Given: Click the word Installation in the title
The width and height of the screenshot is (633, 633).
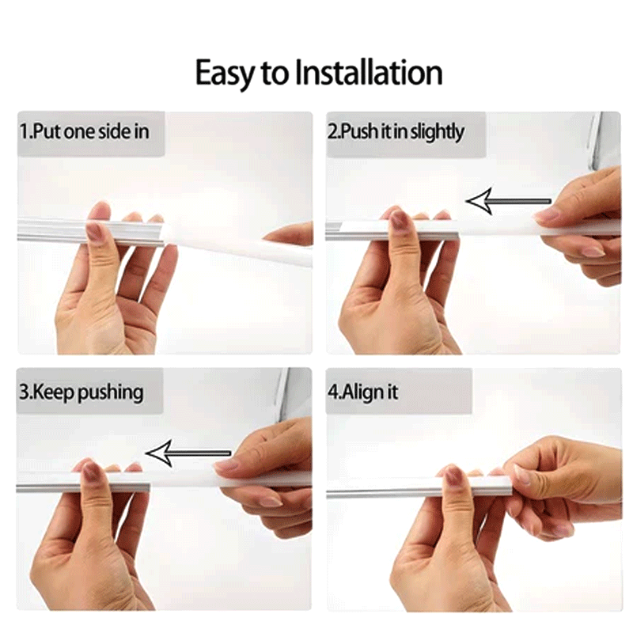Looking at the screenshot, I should (x=369, y=73).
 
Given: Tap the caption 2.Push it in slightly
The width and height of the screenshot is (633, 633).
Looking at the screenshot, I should (x=396, y=131).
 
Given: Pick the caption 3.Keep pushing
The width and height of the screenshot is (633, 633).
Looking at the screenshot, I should (x=81, y=392).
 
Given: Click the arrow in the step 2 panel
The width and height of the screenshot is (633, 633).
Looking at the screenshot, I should (x=507, y=201).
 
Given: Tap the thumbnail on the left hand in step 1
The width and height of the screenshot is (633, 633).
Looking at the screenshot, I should (x=94, y=231).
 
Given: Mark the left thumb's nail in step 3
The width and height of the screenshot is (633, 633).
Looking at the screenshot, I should (x=92, y=472).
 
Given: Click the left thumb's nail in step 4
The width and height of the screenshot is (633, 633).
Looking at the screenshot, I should (x=453, y=476).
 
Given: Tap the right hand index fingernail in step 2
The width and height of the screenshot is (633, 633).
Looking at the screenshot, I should (x=546, y=214).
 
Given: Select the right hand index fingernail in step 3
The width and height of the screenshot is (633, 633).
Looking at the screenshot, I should (x=227, y=465).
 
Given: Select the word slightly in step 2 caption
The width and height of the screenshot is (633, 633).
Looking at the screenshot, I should (x=437, y=131).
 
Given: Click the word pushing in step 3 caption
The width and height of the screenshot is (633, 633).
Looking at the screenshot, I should (x=111, y=392).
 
